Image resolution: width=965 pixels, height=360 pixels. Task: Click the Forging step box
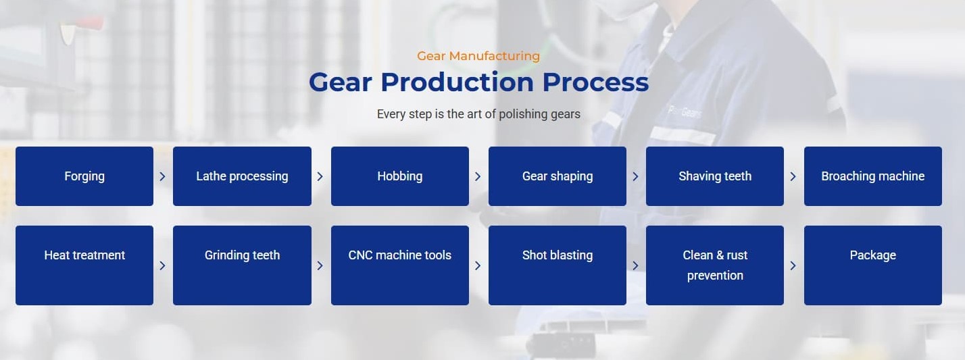(x=84, y=176)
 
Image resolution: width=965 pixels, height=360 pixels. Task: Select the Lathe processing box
(x=242, y=176)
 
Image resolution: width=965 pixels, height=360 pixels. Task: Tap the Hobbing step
(x=399, y=176)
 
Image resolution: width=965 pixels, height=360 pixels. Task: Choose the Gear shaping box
(x=558, y=176)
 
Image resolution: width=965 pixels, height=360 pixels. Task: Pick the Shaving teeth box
(x=715, y=176)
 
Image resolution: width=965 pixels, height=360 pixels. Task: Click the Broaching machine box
(x=872, y=176)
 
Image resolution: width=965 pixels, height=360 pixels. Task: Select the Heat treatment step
(x=84, y=265)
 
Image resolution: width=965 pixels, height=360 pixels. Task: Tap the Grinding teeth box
(x=242, y=265)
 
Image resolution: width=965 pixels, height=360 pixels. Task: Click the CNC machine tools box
(x=399, y=265)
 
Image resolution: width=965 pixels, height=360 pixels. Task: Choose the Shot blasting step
(x=558, y=265)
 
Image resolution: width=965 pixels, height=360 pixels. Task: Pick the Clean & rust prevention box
(x=715, y=265)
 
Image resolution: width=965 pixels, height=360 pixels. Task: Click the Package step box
(x=872, y=265)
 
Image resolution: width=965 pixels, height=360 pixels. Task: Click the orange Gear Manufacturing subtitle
(x=478, y=56)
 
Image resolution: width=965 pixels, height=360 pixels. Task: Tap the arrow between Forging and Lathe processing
(x=162, y=177)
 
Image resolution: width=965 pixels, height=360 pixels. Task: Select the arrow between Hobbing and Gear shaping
(x=478, y=177)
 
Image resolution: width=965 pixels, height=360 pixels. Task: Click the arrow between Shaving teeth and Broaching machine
(x=793, y=177)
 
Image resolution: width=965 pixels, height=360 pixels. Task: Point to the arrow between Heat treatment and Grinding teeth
(x=162, y=265)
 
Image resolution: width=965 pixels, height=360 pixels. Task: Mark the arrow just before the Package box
(x=793, y=265)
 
